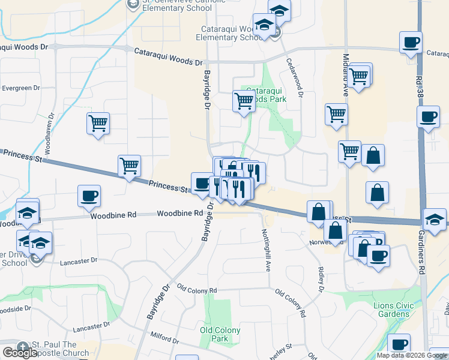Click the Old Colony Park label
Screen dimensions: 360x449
220,334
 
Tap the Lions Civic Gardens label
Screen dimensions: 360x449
394,310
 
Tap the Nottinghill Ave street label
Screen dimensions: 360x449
264,250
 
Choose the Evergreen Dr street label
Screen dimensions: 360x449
20,88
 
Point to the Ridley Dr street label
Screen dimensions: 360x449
321,280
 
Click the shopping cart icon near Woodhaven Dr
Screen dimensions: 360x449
98,124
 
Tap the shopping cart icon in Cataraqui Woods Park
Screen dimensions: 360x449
244,101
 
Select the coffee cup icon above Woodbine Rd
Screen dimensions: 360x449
89,196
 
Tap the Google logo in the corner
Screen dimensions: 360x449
19,353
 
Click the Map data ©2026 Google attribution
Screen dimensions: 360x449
412,355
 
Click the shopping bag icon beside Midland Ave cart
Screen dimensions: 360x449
373,155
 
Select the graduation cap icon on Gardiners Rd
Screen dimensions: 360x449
435,219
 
